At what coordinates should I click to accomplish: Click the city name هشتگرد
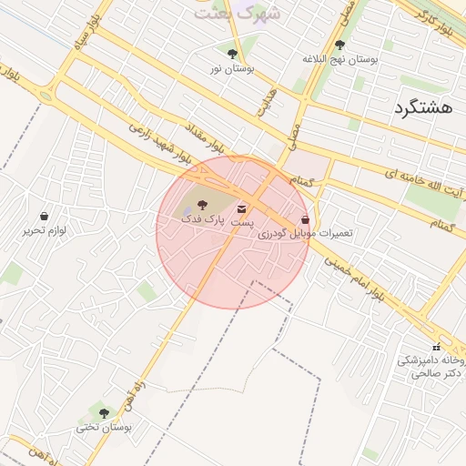click(424, 108)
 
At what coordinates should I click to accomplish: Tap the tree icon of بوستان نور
click(233, 55)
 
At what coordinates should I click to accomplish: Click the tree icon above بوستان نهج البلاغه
click(339, 45)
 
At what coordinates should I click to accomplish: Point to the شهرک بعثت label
click(232, 13)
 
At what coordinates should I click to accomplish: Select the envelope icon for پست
click(241, 209)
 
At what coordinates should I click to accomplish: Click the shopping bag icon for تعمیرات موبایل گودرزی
click(305, 219)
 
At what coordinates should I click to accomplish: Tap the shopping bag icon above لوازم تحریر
click(44, 217)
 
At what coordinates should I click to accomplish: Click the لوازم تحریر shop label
click(45, 230)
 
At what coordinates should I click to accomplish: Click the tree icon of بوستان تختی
click(103, 413)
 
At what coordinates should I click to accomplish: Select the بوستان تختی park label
click(103, 426)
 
